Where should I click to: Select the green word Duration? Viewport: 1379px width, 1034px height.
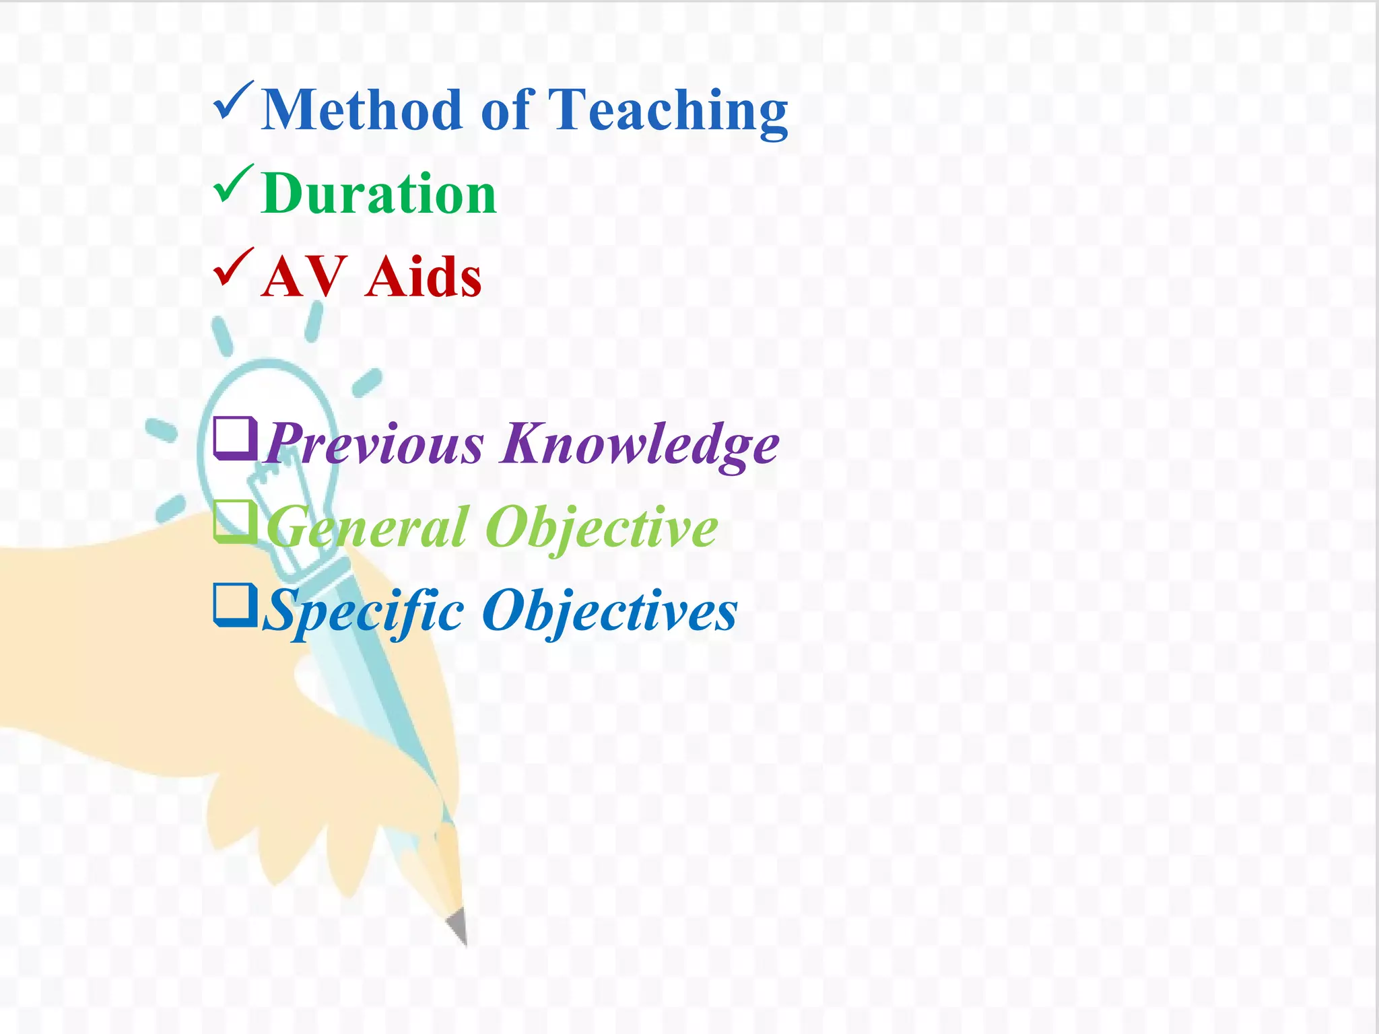pyautogui.click(x=379, y=194)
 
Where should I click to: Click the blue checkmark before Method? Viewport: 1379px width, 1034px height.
pyautogui.click(x=233, y=102)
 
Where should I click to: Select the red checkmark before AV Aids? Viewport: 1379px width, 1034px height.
pyautogui.click(x=233, y=269)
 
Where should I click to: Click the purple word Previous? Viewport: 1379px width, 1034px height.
pyautogui.click(x=374, y=444)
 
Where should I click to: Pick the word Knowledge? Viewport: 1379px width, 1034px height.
pyautogui.click(x=640, y=444)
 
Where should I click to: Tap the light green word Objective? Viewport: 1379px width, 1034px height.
pyautogui.click(x=601, y=528)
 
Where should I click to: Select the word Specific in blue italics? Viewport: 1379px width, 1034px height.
pyautogui.click(x=364, y=611)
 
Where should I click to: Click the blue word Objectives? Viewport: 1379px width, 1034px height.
pyautogui.click(x=610, y=611)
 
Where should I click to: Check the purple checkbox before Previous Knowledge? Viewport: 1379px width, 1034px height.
pyautogui.click(x=234, y=438)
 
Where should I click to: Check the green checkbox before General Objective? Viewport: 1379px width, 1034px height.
pyautogui.click(x=234, y=522)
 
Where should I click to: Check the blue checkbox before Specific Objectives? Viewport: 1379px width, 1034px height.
pyautogui.click(x=234, y=605)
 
